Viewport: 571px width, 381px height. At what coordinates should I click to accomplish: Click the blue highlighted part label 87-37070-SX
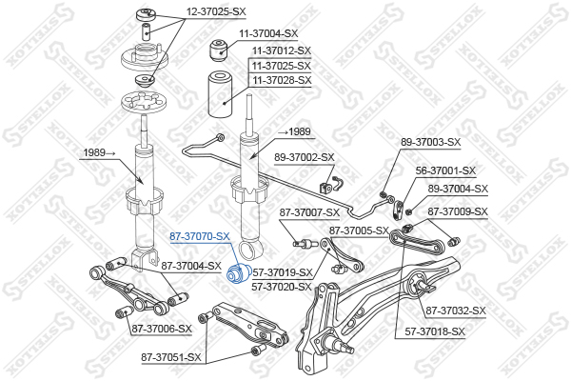click(x=200, y=236)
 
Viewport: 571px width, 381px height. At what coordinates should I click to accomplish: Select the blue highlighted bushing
click(x=237, y=275)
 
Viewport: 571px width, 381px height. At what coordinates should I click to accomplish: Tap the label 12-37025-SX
click(x=216, y=11)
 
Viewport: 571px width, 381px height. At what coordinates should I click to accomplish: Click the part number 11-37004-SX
click(x=268, y=33)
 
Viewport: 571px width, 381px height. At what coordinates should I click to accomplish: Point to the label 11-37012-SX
click(x=282, y=50)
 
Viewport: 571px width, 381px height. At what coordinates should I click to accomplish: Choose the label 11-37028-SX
click(x=282, y=80)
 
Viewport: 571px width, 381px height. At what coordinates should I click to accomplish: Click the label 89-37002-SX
click(x=305, y=157)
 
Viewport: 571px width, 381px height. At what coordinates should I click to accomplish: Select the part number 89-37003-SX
click(x=431, y=142)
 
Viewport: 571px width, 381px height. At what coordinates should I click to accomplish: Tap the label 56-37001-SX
click(x=445, y=170)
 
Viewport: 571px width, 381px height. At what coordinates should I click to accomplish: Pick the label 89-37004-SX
click(x=458, y=189)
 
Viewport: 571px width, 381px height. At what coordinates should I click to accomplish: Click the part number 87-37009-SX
click(x=458, y=211)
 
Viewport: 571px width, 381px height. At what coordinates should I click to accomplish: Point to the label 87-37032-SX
click(x=456, y=311)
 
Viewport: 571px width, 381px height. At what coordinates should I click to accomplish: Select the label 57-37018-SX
click(x=435, y=331)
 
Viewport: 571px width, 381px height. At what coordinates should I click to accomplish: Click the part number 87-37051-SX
click(x=171, y=358)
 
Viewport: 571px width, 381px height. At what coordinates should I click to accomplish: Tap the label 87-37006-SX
click(x=162, y=329)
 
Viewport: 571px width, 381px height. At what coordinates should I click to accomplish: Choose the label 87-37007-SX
click(x=309, y=212)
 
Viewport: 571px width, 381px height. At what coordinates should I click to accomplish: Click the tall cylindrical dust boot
click(x=219, y=94)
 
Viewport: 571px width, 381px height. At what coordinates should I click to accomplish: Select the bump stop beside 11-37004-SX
click(x=220, y=50)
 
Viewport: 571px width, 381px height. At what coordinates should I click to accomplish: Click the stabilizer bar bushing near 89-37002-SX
click(x=325, y=187)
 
